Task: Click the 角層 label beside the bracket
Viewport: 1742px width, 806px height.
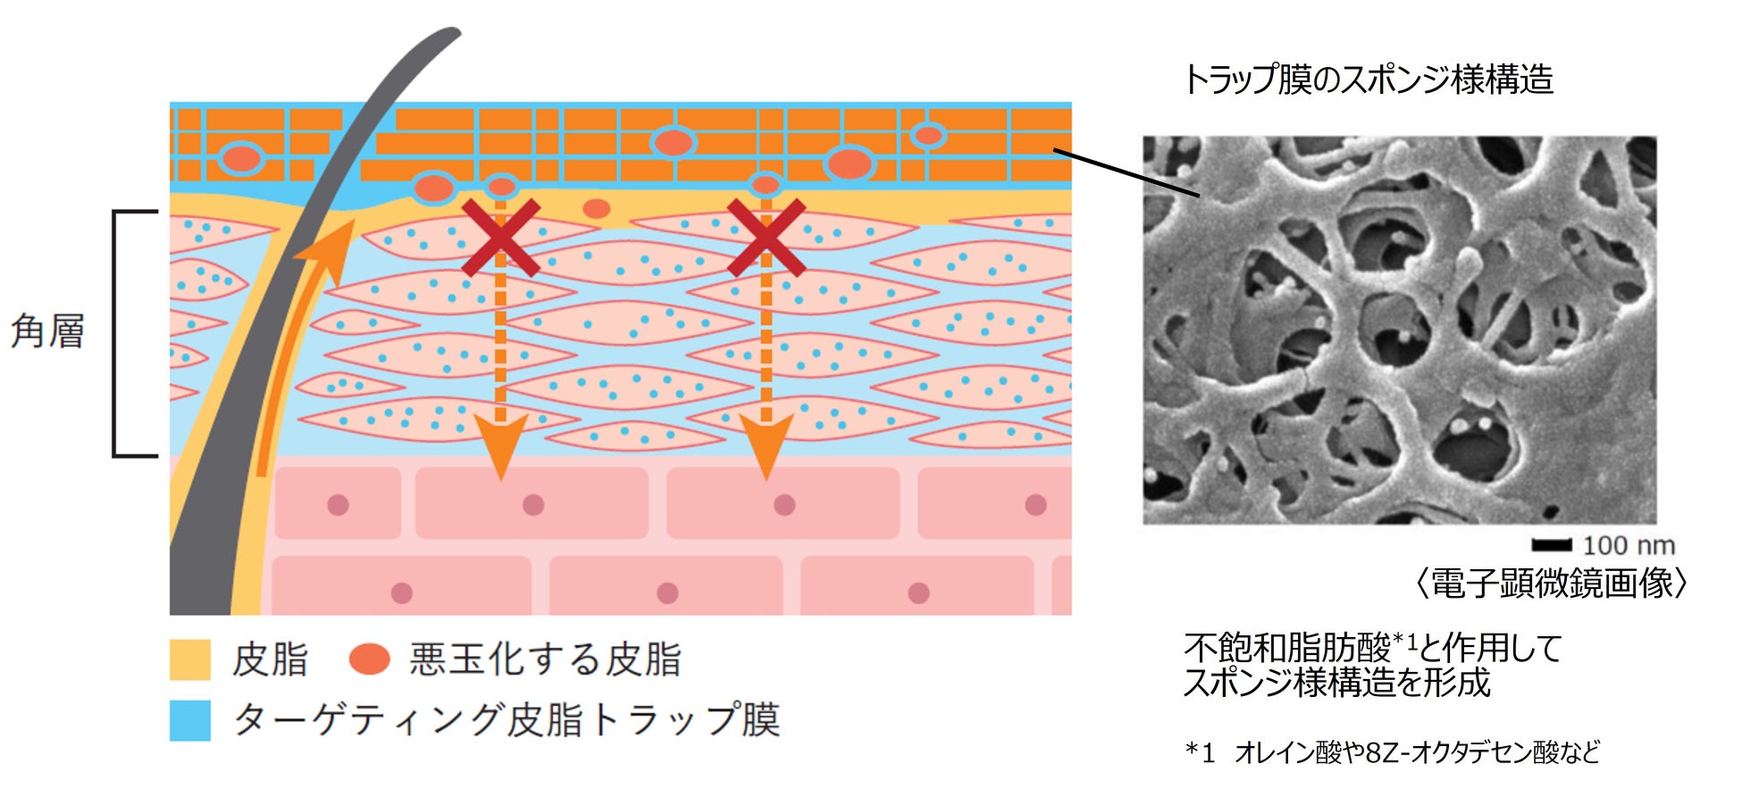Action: [47, 332]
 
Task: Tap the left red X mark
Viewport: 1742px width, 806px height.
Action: [500, 238]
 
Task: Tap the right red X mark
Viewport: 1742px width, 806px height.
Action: [766, 238]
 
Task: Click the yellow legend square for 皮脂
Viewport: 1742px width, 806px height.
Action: [189, 659]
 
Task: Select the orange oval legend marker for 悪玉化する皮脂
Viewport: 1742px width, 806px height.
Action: [369, 659]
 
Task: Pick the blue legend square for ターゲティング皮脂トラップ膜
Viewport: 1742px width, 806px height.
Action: [189, 720]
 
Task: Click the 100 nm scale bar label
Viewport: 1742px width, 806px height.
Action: [1628, 545]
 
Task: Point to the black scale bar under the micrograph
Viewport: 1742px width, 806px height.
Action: [1551, 545]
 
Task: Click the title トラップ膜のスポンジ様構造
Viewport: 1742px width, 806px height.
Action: [1368, 80]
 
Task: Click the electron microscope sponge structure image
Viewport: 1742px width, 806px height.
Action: [1399, 330]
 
